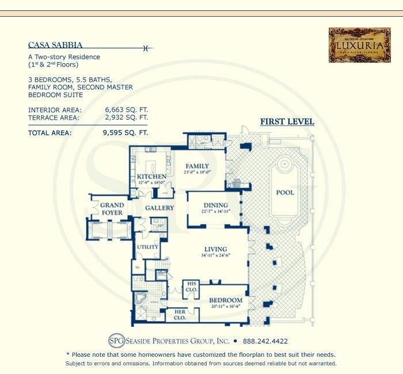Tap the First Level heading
pyautogui.click(x=287, y=121)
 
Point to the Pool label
pyautogui.click(x=285, y=192)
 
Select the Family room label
pyautogui.click(x=197, y=166)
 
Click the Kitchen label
pyautogui.click(x=151, y=177)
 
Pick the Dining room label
pyautogui.click(x=215, y=205)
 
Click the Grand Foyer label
pyautogui.click(x=112, y=208)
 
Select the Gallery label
pyautogui.click(x=159, y=208)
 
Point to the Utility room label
pyautogui.click(x=147, y=246)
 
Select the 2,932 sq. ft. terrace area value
pyautogui.click(x=126, y=117)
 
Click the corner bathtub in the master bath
pyautogui.click(x=139, y=299)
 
